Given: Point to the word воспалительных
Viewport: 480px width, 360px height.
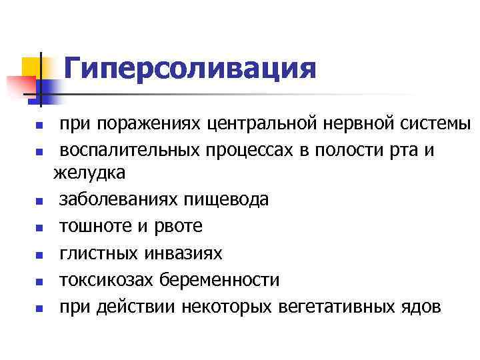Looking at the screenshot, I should (x=127, y=150).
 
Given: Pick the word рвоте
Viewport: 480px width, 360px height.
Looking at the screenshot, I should (x=180, y=227).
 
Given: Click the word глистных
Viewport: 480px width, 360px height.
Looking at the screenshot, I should (x=98, y=253).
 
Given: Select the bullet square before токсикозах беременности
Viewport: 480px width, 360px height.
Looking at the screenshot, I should (x=39, y=281).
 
